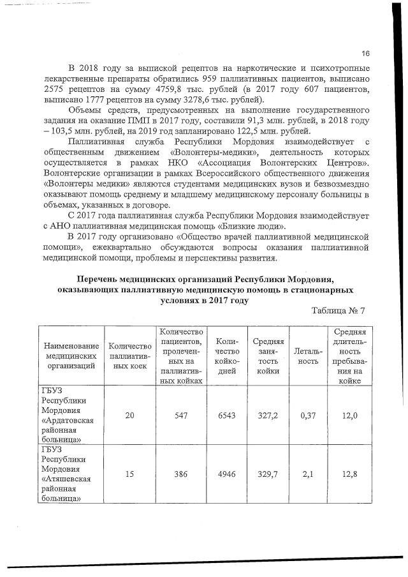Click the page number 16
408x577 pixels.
pyautogui.click(x=365, y=53)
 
